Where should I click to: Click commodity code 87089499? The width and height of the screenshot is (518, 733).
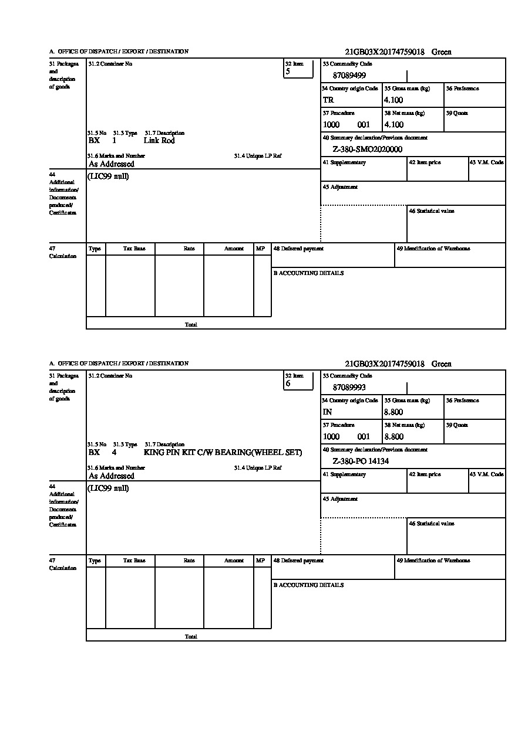point(349,76)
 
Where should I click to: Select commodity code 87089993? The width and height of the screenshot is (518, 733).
point(349,388)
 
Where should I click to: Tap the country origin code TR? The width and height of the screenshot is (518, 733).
point(328,100)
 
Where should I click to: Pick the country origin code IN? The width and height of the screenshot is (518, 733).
point(328,412)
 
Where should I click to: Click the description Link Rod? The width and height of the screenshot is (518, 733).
point(159,141)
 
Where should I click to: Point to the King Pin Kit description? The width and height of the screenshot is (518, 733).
point(223,453)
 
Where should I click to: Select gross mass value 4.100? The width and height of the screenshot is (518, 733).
point(393,100)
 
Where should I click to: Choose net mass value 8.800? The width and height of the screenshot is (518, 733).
point(393,437)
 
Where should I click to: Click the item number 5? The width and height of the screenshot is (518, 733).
point(288,72)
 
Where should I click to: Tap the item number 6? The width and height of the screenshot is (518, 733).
point(288,384)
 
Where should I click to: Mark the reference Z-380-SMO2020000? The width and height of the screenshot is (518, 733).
point(367,150)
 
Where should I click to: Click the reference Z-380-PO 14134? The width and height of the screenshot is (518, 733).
point(361,461)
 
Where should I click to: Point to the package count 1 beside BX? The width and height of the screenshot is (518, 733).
point(114,141)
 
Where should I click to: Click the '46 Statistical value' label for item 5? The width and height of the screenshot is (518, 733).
point(432,211)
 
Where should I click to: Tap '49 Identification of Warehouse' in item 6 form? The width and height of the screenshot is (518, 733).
point(433,561)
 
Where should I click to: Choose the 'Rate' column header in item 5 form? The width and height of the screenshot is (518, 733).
point(189,249)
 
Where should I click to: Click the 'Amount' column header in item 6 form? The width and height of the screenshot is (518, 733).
point(234,561)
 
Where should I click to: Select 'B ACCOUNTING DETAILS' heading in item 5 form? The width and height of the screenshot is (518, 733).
point(308,273)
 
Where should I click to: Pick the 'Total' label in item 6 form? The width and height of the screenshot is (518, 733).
point(191,637)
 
